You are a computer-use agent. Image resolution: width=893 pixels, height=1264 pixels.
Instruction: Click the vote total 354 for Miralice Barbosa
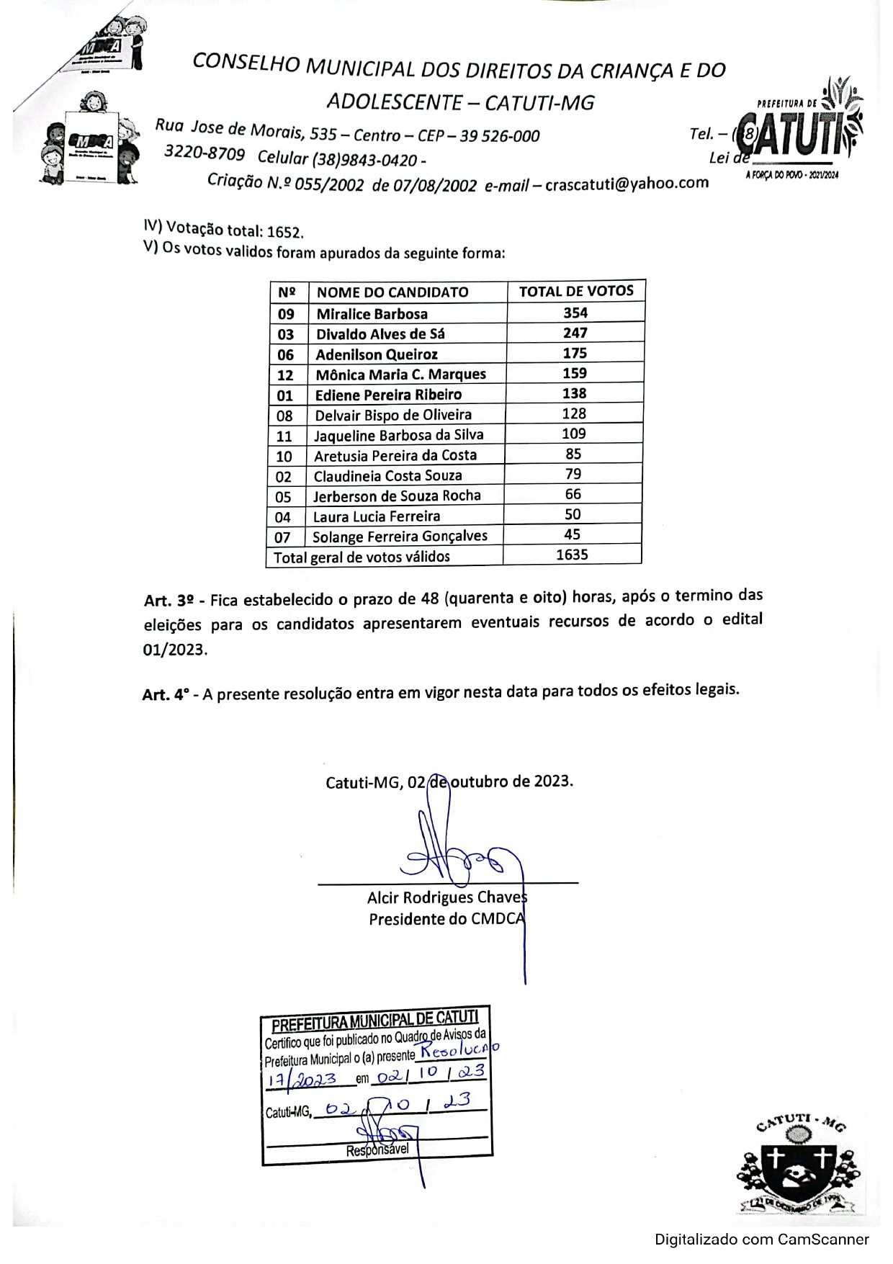point(575,313)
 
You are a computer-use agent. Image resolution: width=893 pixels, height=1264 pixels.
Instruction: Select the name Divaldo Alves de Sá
point(380,334)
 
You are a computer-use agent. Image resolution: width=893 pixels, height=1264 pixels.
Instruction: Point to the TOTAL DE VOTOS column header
point(576,291)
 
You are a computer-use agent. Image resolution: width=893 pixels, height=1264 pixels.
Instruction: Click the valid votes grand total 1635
point(573,555)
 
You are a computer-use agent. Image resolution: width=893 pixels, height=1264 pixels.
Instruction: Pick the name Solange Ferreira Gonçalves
point(400,537)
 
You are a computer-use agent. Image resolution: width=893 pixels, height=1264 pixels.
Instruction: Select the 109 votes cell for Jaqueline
point(574,434)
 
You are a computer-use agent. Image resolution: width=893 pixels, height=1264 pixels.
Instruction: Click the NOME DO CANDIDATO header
point(392,292)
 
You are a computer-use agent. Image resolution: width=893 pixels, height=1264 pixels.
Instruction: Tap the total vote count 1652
point(284,233)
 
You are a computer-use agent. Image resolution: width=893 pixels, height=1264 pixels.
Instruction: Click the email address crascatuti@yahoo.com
point(627,184)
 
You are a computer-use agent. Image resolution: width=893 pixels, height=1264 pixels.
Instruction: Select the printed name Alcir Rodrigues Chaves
point(447,897)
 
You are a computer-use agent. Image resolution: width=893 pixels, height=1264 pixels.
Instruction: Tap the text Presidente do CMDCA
point(447,919)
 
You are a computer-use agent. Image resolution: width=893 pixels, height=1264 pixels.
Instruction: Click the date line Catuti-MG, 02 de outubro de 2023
point(449,782)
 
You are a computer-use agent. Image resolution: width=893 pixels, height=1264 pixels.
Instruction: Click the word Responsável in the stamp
point(377,1150)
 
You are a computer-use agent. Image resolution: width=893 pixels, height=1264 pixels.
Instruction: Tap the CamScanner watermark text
point(761,1240)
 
